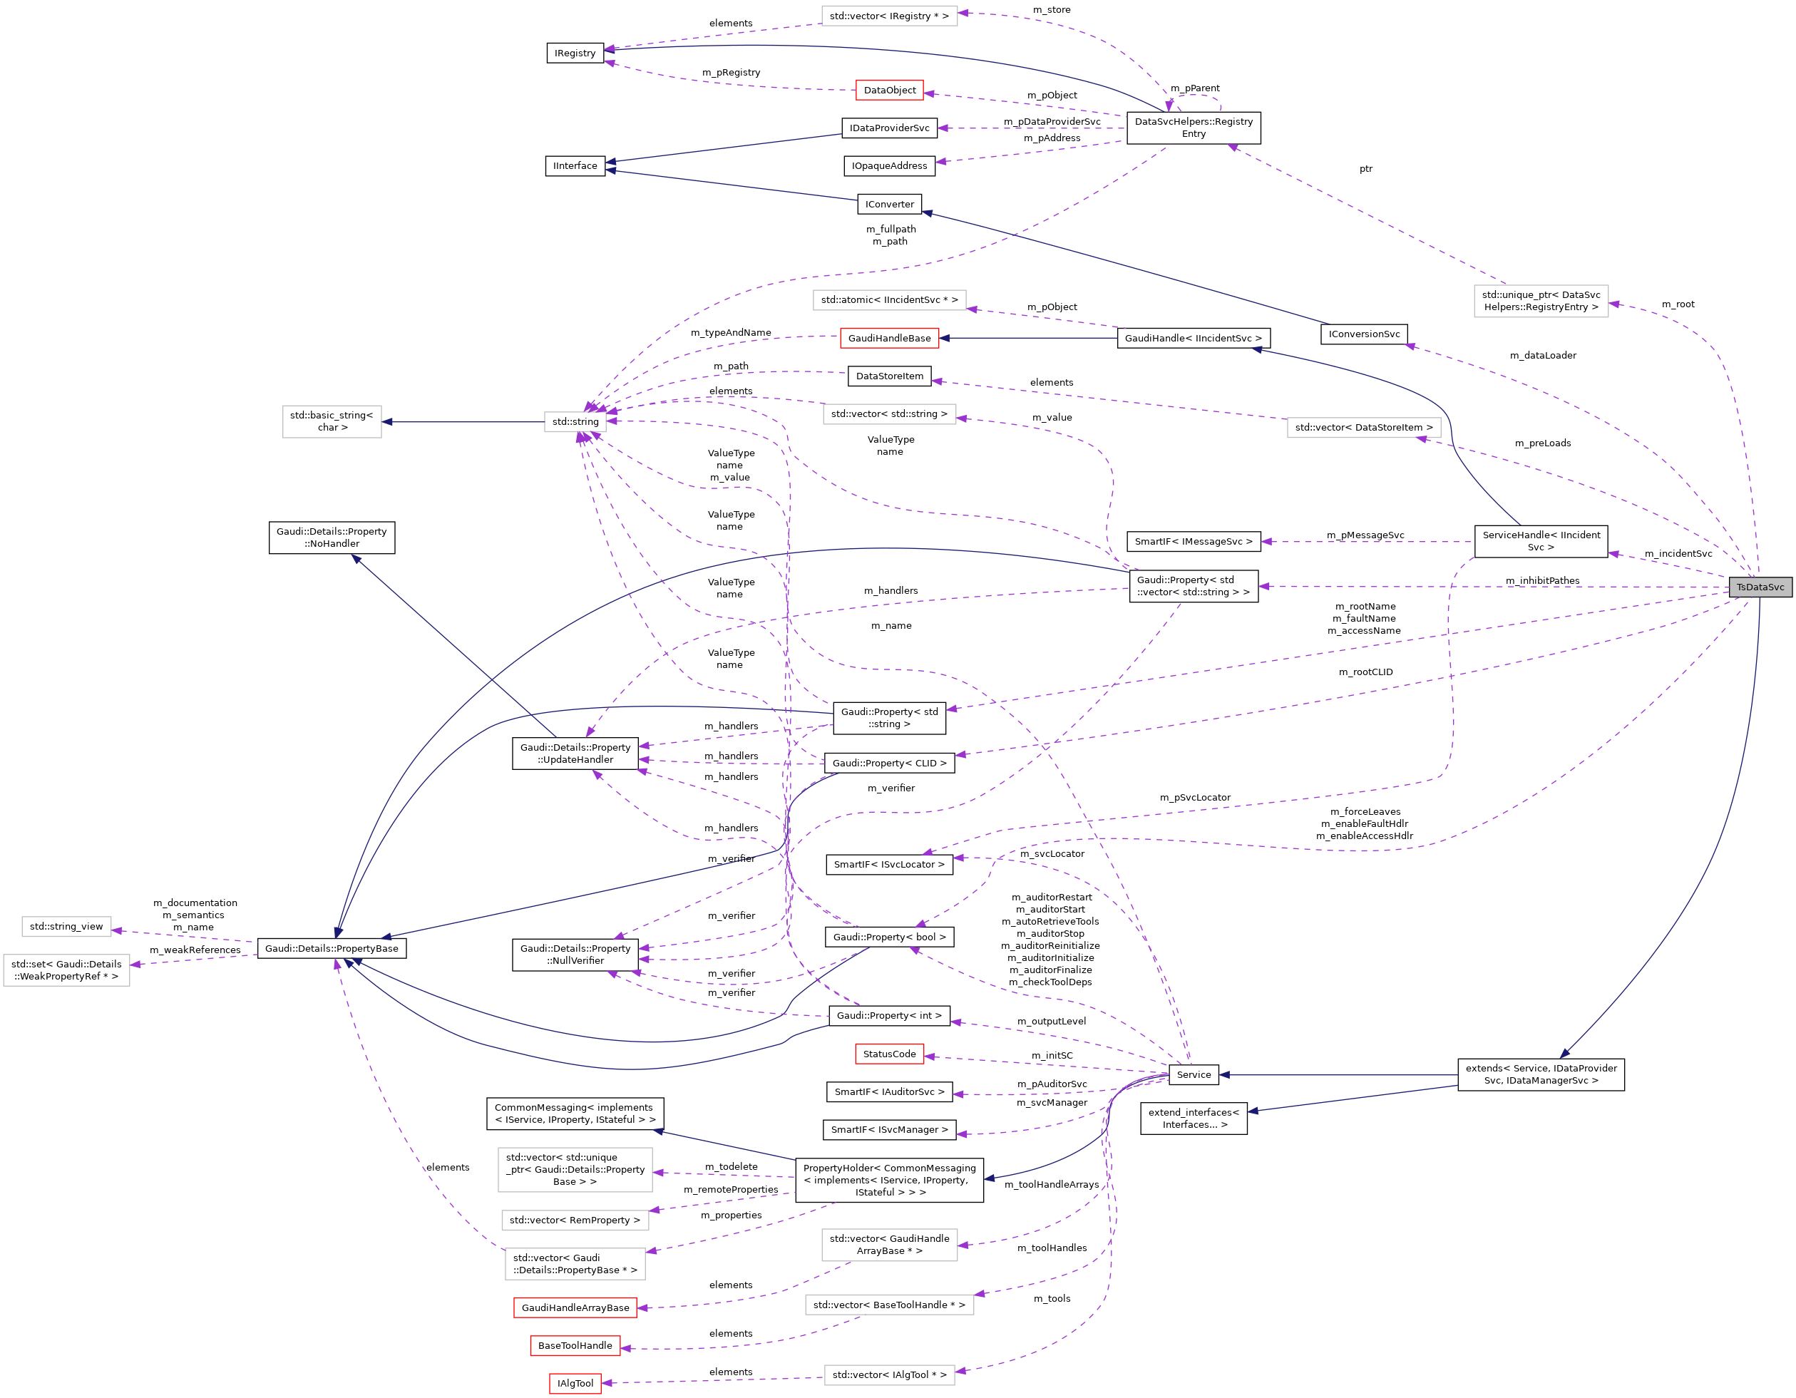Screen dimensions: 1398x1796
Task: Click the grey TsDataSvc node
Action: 1759,587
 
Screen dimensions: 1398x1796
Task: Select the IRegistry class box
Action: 575,53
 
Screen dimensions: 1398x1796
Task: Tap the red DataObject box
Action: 889,91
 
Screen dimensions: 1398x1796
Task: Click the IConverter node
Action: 889,204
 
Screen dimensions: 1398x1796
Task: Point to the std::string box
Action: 575,422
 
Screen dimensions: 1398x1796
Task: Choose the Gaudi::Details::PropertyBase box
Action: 332,948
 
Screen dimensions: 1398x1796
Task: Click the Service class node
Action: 1194,1075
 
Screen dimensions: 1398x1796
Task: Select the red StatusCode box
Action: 889,1054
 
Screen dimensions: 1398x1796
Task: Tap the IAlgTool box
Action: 575,1383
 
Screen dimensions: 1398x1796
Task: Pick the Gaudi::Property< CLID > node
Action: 889,763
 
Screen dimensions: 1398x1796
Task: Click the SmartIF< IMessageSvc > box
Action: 1194,542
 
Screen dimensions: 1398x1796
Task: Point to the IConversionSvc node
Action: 1363,334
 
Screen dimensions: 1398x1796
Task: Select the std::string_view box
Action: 66,927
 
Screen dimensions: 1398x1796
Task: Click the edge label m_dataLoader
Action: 1543,355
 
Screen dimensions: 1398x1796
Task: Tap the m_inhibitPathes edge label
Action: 1542,580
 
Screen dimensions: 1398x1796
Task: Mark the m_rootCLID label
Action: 1365,672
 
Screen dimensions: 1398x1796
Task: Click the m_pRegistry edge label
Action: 730,73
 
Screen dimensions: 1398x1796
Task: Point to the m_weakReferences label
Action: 195,950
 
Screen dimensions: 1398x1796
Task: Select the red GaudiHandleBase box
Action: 889,338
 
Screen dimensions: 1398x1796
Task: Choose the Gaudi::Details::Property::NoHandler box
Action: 332,538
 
